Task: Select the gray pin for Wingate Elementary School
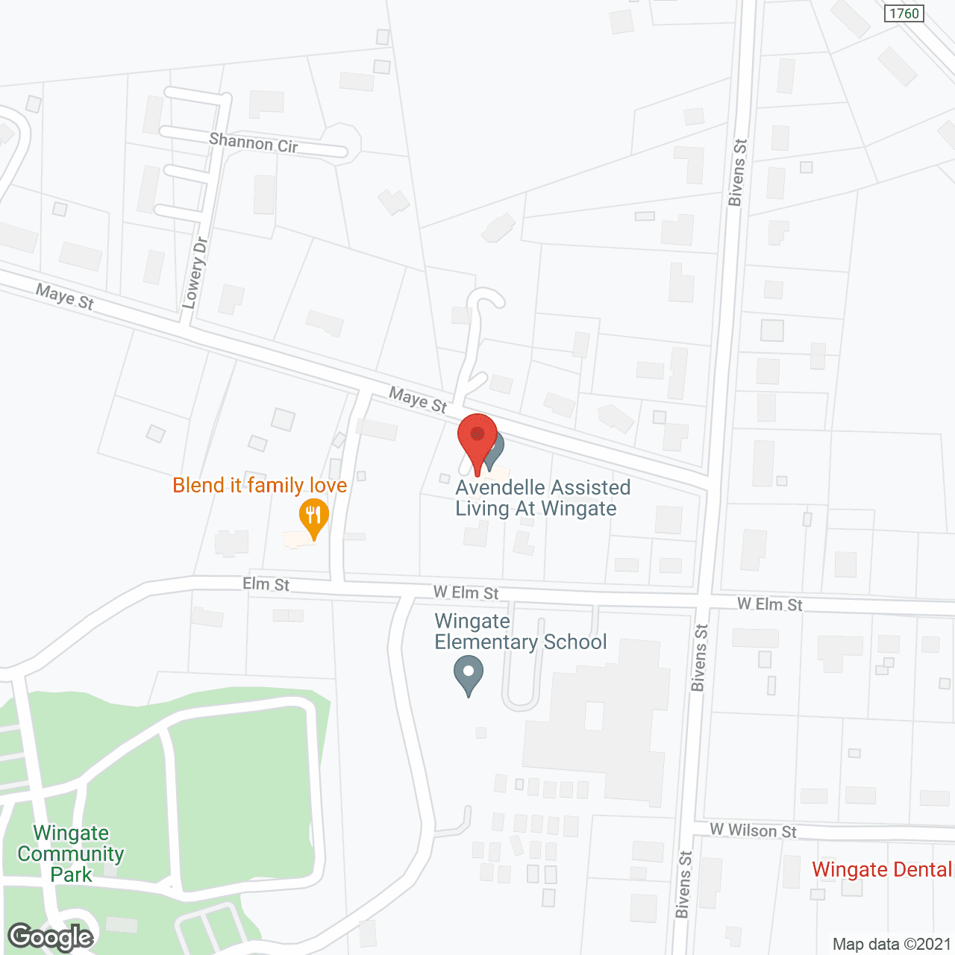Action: click(x=469, y=674)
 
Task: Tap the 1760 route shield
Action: click(x=904, y=13)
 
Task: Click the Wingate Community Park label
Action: click(x=71, y=854)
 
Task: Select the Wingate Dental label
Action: click(x=882, y=869)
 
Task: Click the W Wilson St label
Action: click(x=753, y=830)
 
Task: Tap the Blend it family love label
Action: click(x=260, y=486)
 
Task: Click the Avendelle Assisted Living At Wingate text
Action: click(x=542, y=498)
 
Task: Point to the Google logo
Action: click(x=51, y=937)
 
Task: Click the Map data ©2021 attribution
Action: click(x=892, y=944)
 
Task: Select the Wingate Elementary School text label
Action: click(x=520, y=631)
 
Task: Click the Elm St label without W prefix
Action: click(x=266, y=584)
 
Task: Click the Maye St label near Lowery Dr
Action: click(x=65, y=297)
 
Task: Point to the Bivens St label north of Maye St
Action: click(x=737, y=172)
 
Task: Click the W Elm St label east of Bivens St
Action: click(x=770, y=604)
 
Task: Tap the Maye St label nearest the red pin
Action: click(x=418, y=400)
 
